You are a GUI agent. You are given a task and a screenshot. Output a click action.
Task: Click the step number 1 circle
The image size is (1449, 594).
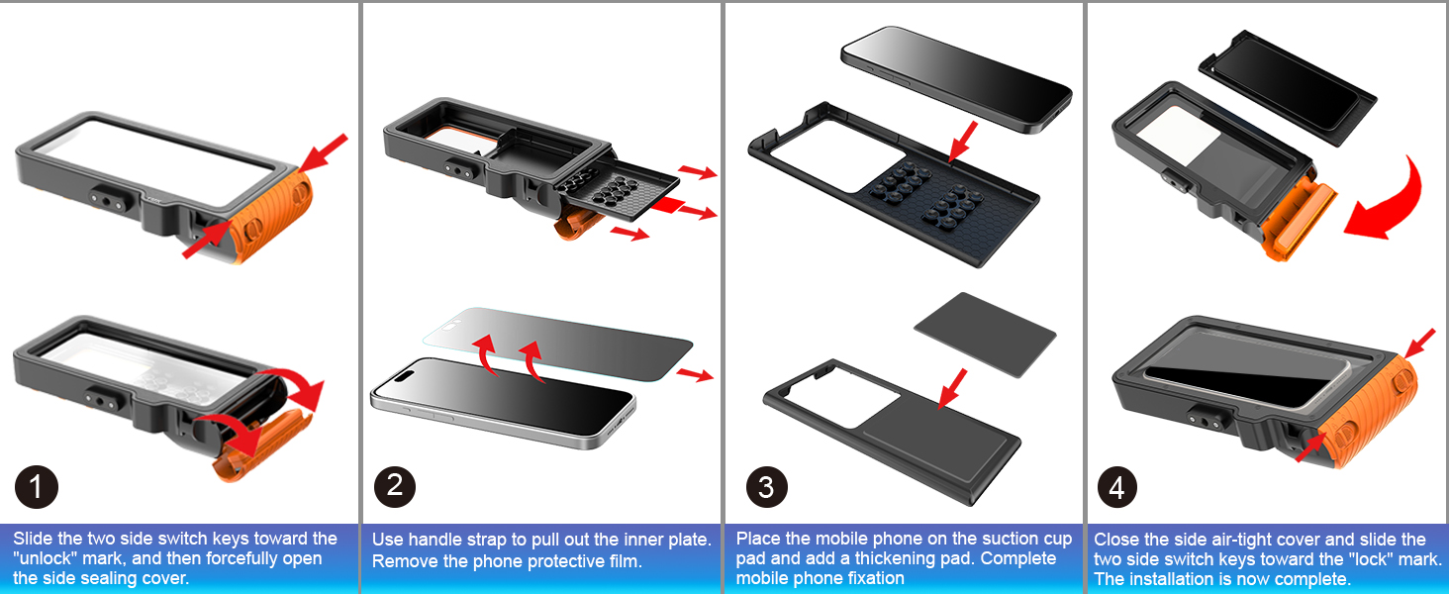(x=37, y=487)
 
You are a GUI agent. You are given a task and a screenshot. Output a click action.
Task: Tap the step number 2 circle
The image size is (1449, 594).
(x=395, y=485)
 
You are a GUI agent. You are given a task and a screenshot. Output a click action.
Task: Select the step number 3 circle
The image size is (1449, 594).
(x=766, y=487)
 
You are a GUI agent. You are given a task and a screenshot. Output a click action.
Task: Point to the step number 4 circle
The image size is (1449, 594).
(x=1116, y=487)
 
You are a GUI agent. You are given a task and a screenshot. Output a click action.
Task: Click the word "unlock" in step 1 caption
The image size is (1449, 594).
(x=44, y=558)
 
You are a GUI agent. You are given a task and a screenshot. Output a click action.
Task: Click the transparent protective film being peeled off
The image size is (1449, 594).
(x=554, y=342)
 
